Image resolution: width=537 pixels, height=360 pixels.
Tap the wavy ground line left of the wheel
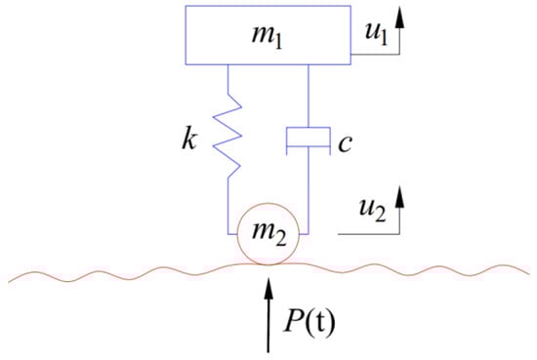click(117, 269)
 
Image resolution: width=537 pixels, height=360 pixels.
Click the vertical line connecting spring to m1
click(227, 77)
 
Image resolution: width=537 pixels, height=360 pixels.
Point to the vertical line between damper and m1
click(308, 93)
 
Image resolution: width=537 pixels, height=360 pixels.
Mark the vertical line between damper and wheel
click(308, 195)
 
